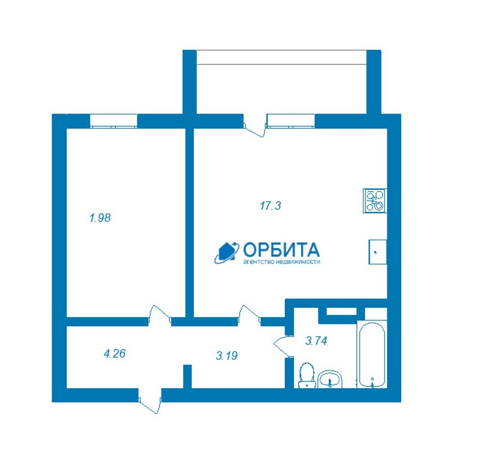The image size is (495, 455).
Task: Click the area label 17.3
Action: point(270,206)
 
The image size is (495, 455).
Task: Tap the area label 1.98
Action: point(100,218)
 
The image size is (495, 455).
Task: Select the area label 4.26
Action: point(115,353)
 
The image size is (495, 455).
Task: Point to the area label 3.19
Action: point(227,356)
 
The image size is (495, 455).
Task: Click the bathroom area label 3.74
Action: point(316,341)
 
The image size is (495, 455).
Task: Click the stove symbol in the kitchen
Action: point(375,201)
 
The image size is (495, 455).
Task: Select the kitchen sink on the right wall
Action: point(378,251)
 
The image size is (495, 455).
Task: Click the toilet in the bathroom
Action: point(307,375)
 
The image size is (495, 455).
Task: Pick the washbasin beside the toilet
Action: point(330,379)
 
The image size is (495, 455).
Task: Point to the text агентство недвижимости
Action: point(282,262)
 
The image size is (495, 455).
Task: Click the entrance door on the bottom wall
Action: point(150,401)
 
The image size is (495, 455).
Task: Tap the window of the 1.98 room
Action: point(114,121)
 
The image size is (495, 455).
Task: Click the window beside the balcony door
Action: point(291,121)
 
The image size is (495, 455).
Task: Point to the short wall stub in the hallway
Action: point(188,376)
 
